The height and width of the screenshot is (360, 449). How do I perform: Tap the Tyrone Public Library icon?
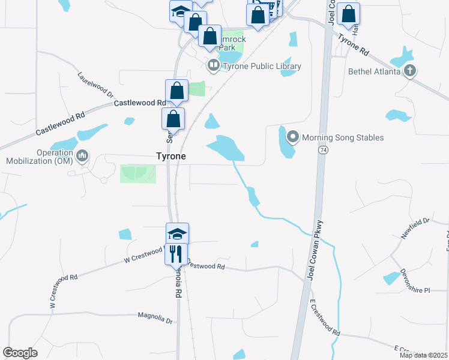click(213, 64)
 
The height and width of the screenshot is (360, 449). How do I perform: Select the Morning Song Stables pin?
click(293, 137)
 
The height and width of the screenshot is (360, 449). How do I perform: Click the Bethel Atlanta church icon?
click(409, 71)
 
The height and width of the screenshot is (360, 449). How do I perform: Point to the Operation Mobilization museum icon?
click(82, 157)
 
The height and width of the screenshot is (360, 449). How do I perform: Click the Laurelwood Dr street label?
click(95, 85)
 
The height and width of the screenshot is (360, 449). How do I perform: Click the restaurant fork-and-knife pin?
click(176, 253)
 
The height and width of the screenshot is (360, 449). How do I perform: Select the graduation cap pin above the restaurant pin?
click(177, 233)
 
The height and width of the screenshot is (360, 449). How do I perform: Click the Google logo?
click(20, 353)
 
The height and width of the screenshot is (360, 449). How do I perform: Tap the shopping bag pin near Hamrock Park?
click(210, 36)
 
